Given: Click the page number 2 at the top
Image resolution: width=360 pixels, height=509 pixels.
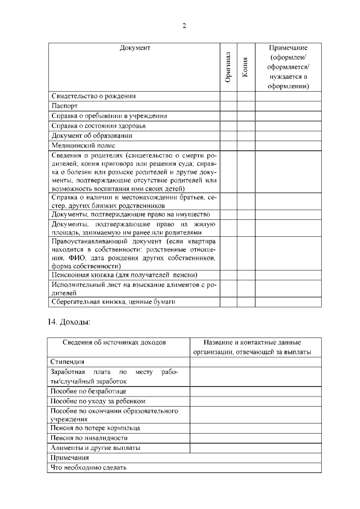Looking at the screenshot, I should click(x=184, y=25).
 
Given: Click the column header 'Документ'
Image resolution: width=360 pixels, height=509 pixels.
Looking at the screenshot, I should click(x=134, y=48).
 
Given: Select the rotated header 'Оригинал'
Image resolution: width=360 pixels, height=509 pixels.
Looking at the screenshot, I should click(x=228, y=67).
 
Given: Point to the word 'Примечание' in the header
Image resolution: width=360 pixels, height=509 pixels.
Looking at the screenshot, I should click(x=289, y=48).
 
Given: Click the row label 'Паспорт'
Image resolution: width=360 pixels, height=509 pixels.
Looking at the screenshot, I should click(x=64, y=106).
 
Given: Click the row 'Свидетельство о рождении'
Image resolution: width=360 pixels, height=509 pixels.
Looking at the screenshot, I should click(x=93, y=96).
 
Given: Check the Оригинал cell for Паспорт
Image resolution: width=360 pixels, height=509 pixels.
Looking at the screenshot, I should click(x=228, y=106).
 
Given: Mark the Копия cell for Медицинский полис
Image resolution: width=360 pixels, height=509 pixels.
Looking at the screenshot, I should click(x=246, y=146).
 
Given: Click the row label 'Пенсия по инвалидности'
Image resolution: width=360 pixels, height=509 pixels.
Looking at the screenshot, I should click(x=89, y=438).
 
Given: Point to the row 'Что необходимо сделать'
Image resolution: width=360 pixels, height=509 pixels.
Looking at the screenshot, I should click(x=88, y=467).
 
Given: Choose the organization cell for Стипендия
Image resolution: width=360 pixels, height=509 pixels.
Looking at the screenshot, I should click(x=256, y=362).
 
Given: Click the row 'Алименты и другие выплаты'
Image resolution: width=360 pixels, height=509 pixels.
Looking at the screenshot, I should click(x=95, y=448).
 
